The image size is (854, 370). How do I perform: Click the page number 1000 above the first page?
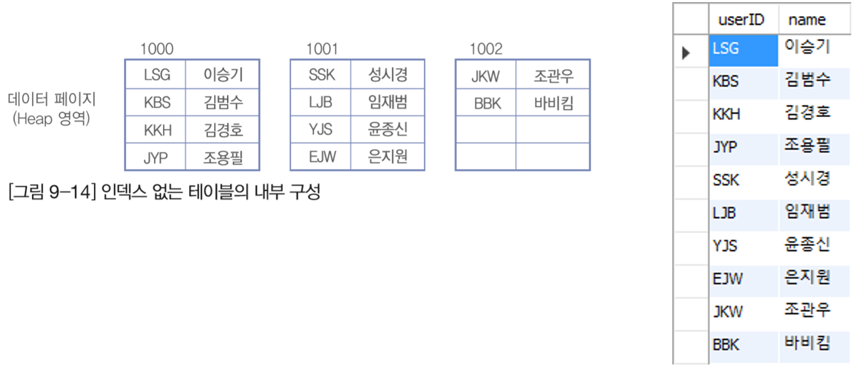coord(157,49)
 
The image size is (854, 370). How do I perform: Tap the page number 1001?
coord(322,49)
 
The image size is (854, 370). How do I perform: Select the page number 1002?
coord(486,49)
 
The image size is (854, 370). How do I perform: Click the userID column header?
coord(741,20)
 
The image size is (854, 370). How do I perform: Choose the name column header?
coord(807,20)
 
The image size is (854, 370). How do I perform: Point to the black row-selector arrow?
coord(686,53)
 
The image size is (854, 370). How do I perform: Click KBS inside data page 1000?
coord(157,102)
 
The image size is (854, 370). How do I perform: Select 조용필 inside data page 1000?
coord(223,158)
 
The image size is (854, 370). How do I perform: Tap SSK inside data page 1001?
coord(322,75)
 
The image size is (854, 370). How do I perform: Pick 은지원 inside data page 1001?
coord(388,157)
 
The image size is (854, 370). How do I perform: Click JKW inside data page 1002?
coord(486,77)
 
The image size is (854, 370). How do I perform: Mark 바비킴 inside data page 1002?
coord(554,103)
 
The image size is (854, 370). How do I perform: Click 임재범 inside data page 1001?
coord(388,102)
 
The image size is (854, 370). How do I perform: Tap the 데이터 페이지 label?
coord(52,99)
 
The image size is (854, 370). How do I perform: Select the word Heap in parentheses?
coord(35,118)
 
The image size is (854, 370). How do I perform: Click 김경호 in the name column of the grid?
coord(807,112)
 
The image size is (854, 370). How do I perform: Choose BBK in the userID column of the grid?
coord(726,345)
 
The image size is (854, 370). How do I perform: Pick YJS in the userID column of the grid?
coord(725,246)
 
